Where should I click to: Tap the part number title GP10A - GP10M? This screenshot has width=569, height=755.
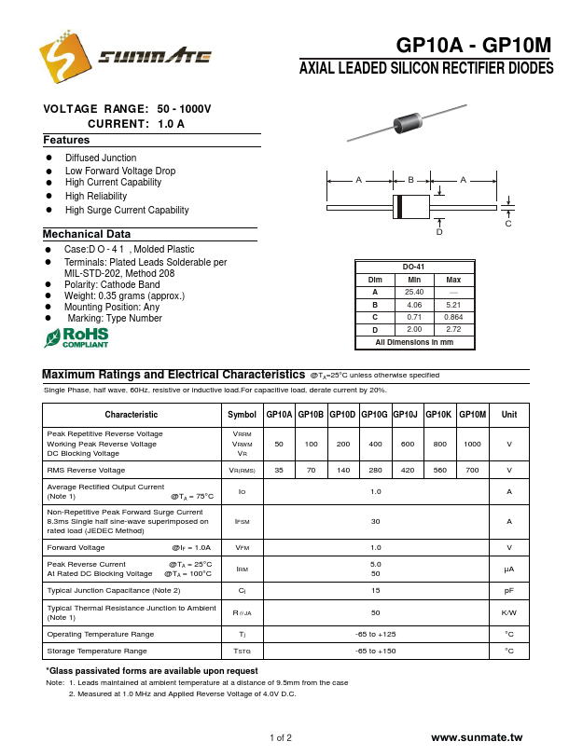click(x=474, y=46)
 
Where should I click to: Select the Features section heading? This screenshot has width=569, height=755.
click(x=66, y=140)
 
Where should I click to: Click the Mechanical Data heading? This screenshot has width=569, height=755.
click(x=87, y=234)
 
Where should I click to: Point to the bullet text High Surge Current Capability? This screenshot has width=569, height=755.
click(x=127, y=210)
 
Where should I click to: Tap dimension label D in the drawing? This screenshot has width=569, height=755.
click(x=439, y=231)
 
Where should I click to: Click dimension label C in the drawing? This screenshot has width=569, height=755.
click(x=508, y=224)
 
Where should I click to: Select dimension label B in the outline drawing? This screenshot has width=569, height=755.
click(x=410, y=179)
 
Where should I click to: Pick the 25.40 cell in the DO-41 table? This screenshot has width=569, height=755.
click(x=414, y=292)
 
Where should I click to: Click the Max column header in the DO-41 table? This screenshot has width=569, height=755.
click(x=453, y=280)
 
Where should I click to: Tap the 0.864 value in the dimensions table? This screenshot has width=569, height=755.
click(x=453, y=317)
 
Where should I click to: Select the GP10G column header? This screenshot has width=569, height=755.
click(x=348, y=414)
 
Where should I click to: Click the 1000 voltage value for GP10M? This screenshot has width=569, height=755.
click(x=473, y=445)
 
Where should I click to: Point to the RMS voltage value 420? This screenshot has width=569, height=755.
click(x=408, y=471)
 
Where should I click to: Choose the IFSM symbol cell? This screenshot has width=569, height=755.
click(x=242, y=522)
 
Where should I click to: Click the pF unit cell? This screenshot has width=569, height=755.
click(x=509, y=591)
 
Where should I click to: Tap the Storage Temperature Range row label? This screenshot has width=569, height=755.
click(x=97, y=651)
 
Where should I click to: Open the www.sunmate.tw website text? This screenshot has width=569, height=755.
click(x=479, y=737)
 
